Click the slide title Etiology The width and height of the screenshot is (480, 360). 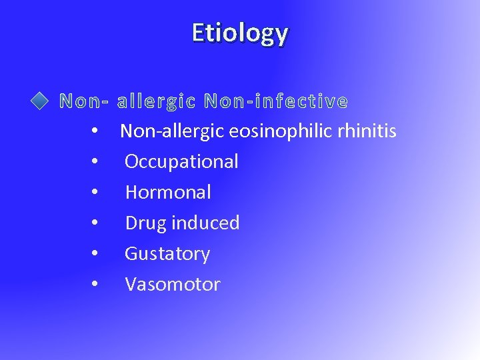(x=240, y=33)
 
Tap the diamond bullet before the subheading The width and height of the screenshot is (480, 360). (x=41, y=101)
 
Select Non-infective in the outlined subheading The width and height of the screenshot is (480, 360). (x=276, y=101)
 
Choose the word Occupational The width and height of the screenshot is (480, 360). (x=181, y=161)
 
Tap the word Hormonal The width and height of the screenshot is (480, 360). (x=168, y=192)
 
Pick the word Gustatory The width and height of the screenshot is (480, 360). (x=167, y=254)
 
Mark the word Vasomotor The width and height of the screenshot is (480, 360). (x=173, y=285)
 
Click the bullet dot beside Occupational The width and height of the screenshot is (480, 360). (x=96, y=162)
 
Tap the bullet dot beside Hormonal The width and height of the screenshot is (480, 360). (x=96, y=193)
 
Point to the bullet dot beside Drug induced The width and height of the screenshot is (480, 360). (x=96, y=223)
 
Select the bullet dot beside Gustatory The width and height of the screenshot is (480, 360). (x=96, y=254)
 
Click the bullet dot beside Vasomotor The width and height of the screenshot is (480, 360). (x=96, y=285)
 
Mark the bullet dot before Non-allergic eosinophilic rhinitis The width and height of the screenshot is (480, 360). (x=96, y=131)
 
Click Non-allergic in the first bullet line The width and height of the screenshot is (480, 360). (x=163, y=131)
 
